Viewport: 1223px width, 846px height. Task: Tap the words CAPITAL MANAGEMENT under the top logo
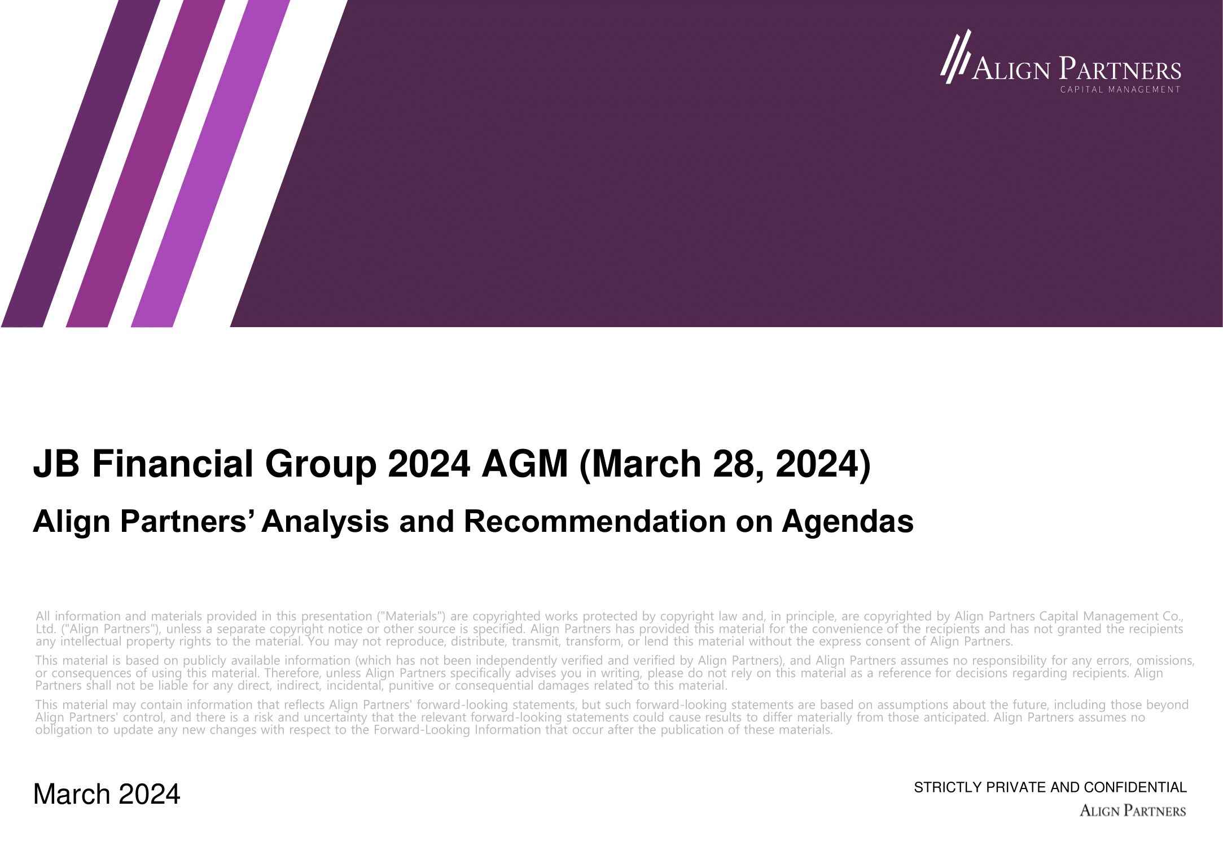pyautogui.click(x=1120, y=90)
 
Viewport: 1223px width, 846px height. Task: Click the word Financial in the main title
pyautogui.click(x=172, y=464)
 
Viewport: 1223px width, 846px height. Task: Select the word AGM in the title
pyautogui.click(x=524, y=464)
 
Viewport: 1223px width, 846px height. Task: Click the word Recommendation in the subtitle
pyautogui.click(x=594, y=521)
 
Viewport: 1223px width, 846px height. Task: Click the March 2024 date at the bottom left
pyautogui.click(x=107, y=794)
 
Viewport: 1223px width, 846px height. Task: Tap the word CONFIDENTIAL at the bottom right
pyautogui.click(x=1135, y=787)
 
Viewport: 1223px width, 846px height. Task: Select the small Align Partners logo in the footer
pyautogui.click(x=1132, y=811)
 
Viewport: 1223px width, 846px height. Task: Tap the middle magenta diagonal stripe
pyautogui.click(x=146, y=164)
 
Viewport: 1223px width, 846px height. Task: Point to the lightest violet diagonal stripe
pyautogui.click(x=211, y=164)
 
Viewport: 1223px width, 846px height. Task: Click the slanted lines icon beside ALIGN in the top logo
pyautogui.click(x=955, y=56)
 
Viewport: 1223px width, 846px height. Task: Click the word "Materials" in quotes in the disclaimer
pyautogui.click(x=411, y=616)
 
